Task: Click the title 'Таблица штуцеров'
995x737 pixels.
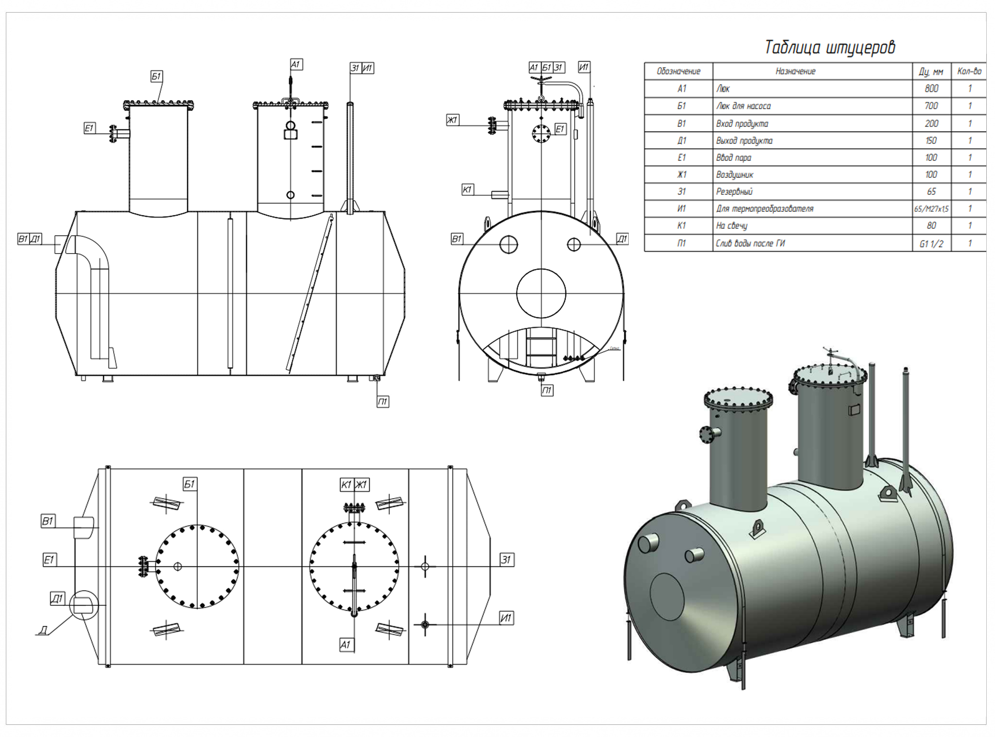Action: tap(829, 48)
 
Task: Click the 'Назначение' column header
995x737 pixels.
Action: tap(795, 71)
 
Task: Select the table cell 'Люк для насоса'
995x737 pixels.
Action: tap(743, 106)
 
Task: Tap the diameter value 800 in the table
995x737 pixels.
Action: tap(931, 88)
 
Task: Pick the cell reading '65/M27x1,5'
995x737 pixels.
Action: tap(931, 209)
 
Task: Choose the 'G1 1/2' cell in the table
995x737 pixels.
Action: tap(931, 244)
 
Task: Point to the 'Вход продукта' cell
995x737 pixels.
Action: tap(742, 123)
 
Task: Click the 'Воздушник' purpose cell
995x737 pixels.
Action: tap(735, 174)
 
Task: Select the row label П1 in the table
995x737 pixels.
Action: tap(681, 243)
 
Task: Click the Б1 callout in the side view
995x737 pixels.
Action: tap(156, 76)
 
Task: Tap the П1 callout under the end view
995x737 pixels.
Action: tap(547, 391)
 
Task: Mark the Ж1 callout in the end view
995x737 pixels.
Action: tap(452, 120)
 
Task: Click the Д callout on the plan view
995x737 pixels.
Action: tap(43, 631)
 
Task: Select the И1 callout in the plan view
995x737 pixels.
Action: tap(506, 618)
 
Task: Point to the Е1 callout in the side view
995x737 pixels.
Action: tap(89, 128)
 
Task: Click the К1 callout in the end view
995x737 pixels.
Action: tap(467, 189)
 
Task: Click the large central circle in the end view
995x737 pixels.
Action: tap(541, 293)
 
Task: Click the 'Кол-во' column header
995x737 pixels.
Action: tap(969, 71)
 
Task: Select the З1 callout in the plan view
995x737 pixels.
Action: tap(506, 560)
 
